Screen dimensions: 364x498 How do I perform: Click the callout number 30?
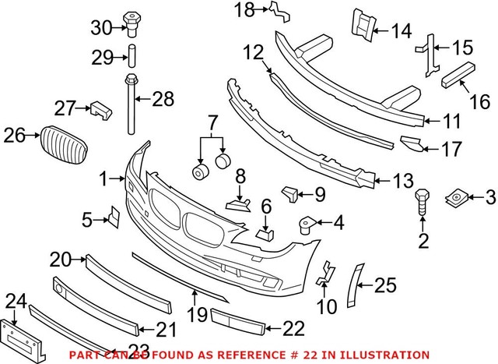[x=101, y=28]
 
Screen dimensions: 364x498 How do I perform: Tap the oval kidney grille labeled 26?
[x=61, y=143]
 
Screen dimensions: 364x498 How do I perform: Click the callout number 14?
[x=402, y=31]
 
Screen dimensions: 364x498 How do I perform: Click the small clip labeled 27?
[x=98, y=109]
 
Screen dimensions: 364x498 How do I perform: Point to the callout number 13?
[x=402, y=182]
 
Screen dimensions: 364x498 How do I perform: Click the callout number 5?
[x=87, y=221]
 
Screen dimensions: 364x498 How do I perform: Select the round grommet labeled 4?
[x=304, y=226]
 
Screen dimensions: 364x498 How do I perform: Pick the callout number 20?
[x=60, y=258]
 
